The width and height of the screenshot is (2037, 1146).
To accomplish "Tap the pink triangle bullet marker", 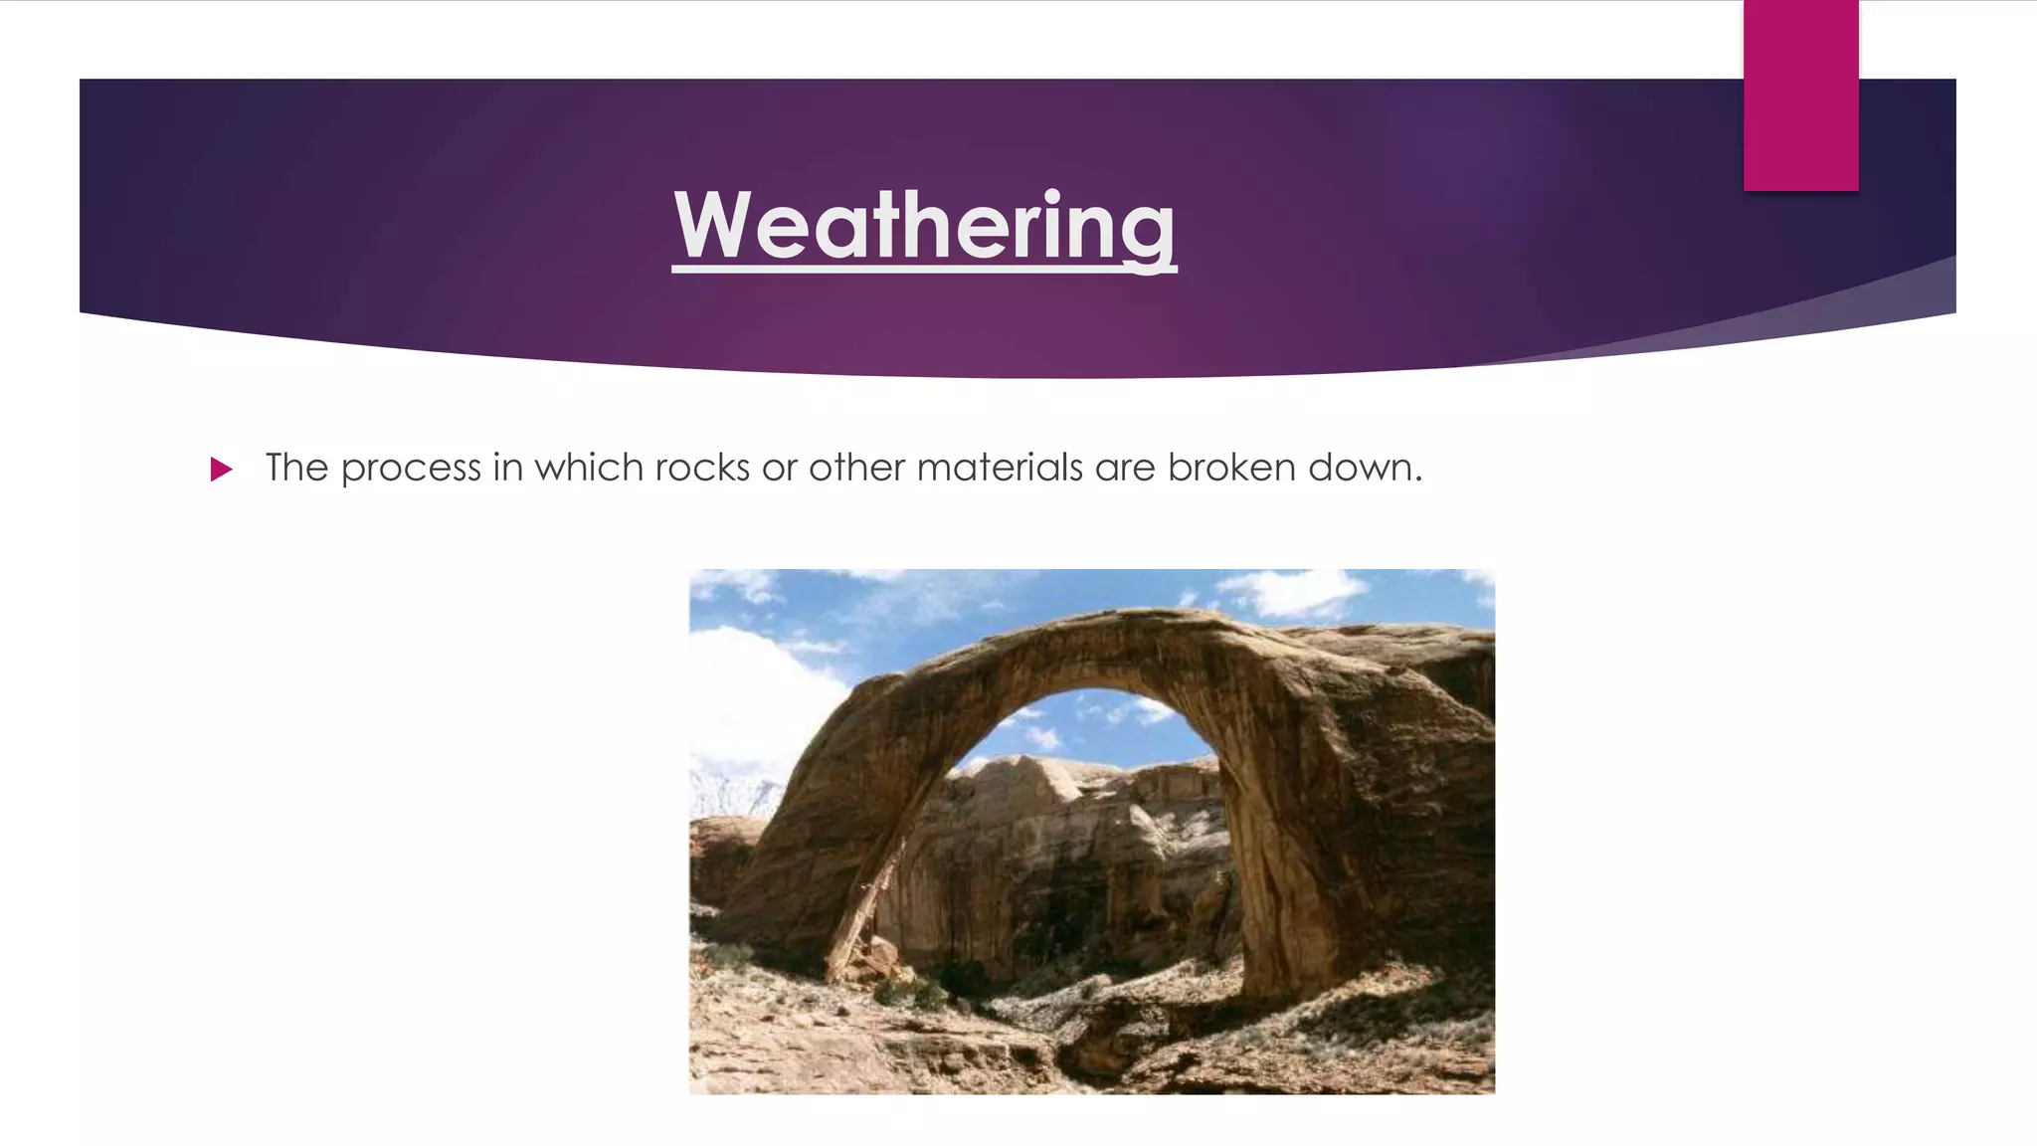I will [221, 470].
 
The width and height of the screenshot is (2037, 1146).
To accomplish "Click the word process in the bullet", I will [411, 469].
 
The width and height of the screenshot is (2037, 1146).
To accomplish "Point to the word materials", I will [1000, 468].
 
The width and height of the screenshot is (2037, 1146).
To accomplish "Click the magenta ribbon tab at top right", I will [1800, 95].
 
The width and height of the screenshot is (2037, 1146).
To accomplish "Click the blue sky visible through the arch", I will [1084, 726].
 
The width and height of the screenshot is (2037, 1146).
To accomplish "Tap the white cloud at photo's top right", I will [1293, 592].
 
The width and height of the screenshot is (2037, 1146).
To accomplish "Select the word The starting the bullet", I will [296, 468].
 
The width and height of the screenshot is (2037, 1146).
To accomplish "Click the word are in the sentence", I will [1125, 468].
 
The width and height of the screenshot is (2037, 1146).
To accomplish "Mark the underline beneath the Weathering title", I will [923, 267].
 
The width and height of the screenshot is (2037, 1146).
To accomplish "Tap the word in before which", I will [507, 468].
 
